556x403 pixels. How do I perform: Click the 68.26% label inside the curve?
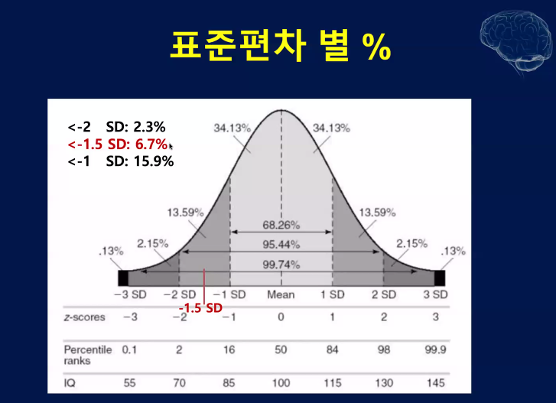[281, 227]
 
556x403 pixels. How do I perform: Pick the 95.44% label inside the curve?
[281, 245]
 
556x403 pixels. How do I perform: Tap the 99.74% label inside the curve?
[281, 265]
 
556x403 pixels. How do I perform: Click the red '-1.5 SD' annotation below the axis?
[200, 307]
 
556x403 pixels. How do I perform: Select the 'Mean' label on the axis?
[281, 294]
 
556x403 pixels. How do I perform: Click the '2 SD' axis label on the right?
[383, 294]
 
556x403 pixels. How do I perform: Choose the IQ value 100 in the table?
[281, 382]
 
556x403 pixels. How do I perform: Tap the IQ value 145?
[434, 382]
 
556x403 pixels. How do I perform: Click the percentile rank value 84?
[332, 349]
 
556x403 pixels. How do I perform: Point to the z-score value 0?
[281, 317]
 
